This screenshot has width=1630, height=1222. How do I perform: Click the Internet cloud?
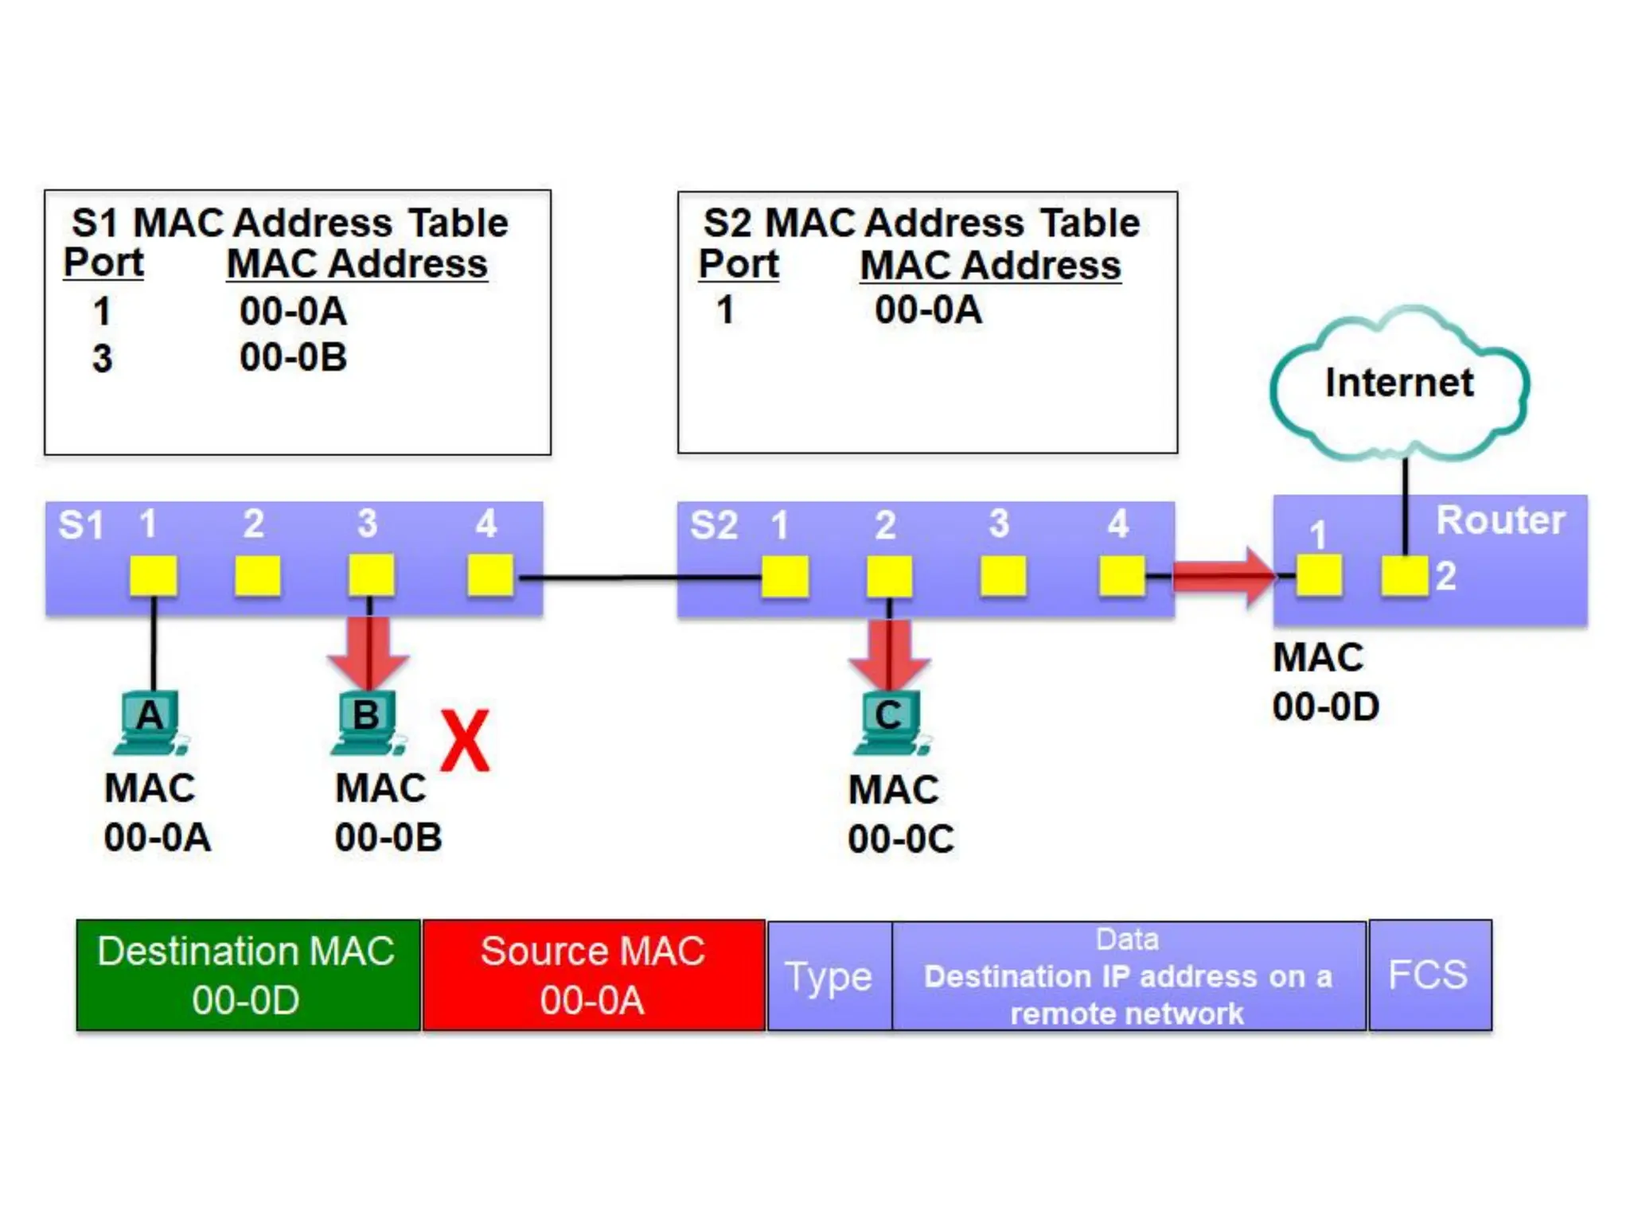[x=1399, y=383]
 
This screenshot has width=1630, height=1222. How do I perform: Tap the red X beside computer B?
[x=465, y=741]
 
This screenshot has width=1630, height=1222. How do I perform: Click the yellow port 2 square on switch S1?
[x=258, y=575]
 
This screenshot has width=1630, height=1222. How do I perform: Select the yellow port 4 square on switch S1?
[x=490, y=575]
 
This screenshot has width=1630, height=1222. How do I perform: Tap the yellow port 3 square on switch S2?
[x=1003, y=575]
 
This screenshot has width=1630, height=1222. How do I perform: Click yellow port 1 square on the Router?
[x=1319, y=575]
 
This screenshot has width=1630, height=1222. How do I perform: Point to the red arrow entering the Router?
[x=1222, y=575]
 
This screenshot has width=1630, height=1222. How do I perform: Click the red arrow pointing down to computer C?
[x=889, y=652]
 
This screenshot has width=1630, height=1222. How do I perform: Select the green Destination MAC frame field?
[x=248, y=975]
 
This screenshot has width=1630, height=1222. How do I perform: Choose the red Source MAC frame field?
[x=593, y=975]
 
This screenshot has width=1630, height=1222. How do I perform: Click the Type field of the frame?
[x=829, y=976]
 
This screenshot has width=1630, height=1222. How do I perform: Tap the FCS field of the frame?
[x=1429, y=975]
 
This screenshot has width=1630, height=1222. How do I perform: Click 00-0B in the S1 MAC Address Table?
[x=294, y=357]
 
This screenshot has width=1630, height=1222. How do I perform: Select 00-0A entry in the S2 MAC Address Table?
[x=928, y=309]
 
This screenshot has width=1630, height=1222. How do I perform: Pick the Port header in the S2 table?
[x=739, y=264]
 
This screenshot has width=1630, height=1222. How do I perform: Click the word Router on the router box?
[x=1500, y=520]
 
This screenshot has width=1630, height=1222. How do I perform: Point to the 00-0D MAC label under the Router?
[x=1326, y=706]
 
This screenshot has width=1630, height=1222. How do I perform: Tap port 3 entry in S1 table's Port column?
[x=103, y=358]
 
